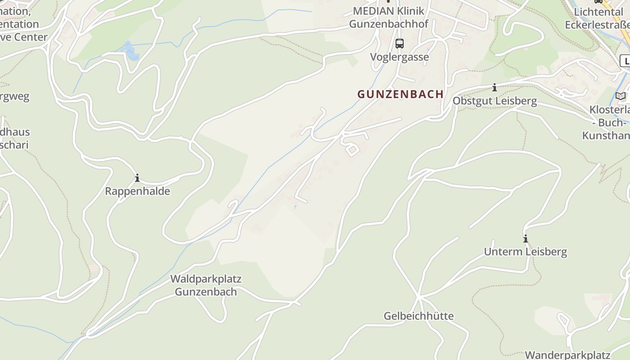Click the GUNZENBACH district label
pos(400,94)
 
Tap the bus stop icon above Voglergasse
pos(399,44)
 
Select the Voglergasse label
pos(399,57)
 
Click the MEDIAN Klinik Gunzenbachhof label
pos(389,18)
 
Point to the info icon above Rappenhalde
pos(137,178)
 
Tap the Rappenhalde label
pos(137,191)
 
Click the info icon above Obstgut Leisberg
pos(494,87)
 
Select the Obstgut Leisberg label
pos(495,101)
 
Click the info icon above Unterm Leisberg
pos(525,238)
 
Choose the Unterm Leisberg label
pos(525,252)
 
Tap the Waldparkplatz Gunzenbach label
pos(206,285)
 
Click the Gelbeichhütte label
pos(418,316)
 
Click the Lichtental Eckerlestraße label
pos(598,18)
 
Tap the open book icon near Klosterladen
pos(621,96)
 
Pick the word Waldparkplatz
pos(206,279)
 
